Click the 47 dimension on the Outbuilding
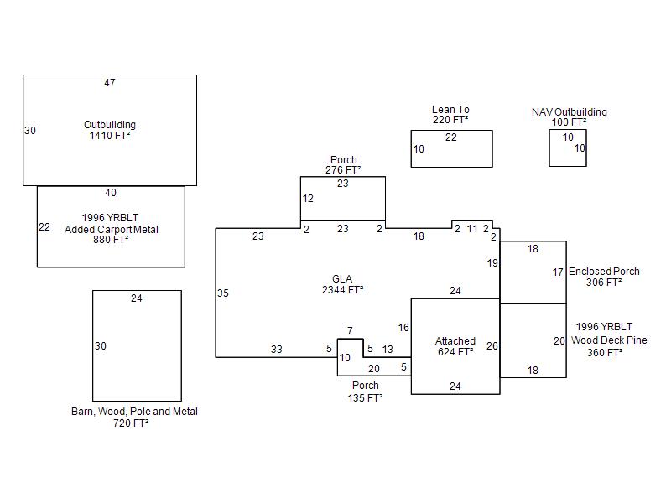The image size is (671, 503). (110, 83)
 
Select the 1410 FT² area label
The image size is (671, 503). (110, 136)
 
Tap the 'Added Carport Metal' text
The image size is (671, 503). (111, 230)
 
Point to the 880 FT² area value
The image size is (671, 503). (111, 240)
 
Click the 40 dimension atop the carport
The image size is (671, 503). (111, 193)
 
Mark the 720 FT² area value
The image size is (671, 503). (131, 423)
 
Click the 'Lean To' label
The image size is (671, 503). (450, 110)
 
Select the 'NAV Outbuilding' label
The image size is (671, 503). (569, 112)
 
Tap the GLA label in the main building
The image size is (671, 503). (342, 279)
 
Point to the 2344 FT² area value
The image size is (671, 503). (342, 290)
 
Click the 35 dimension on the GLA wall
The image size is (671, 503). (222, 293)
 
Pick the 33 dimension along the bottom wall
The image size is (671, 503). (276, 350)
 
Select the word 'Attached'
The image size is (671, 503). (455, 341)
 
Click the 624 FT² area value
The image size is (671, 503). (455, 352)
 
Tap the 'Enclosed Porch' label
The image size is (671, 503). (604, 272)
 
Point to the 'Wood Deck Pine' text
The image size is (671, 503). (609, 340)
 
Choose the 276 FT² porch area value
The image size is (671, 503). (342, 170)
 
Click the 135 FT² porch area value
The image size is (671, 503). (365, 397)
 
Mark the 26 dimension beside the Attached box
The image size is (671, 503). (492, 346)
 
